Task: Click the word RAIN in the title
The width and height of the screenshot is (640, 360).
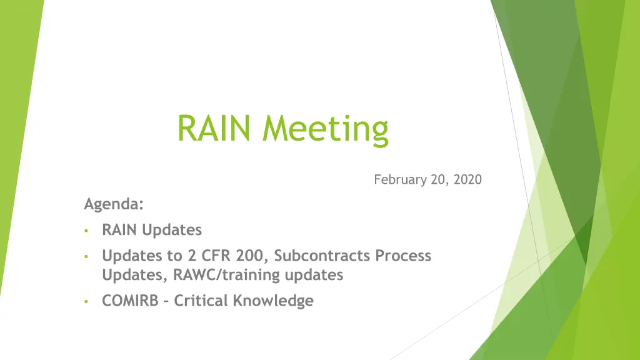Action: pos(214,128)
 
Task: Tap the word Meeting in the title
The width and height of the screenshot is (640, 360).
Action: pos(325,130)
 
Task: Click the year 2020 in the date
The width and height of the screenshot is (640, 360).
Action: pos(467,179)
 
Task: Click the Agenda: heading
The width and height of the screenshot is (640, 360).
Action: pos(114,204)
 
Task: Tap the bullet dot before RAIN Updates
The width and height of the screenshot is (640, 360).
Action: pos(86,231)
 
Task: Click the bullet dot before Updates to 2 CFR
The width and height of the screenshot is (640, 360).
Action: pos(86,257)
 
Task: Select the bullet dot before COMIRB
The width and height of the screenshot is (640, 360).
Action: pos(86,302)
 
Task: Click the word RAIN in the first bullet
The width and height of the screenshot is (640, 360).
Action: pos(119,230)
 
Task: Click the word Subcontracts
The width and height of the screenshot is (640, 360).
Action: pos(322,256)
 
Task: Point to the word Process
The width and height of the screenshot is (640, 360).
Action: pos(403,256)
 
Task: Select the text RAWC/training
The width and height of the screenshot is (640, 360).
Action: pos(226,275)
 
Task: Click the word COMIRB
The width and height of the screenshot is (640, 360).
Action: pos(130,301)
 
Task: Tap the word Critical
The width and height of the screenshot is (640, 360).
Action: pos(201,301)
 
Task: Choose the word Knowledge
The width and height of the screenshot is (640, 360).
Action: pos(273,301)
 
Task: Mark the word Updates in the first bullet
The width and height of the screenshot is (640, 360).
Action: pos(172,230)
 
